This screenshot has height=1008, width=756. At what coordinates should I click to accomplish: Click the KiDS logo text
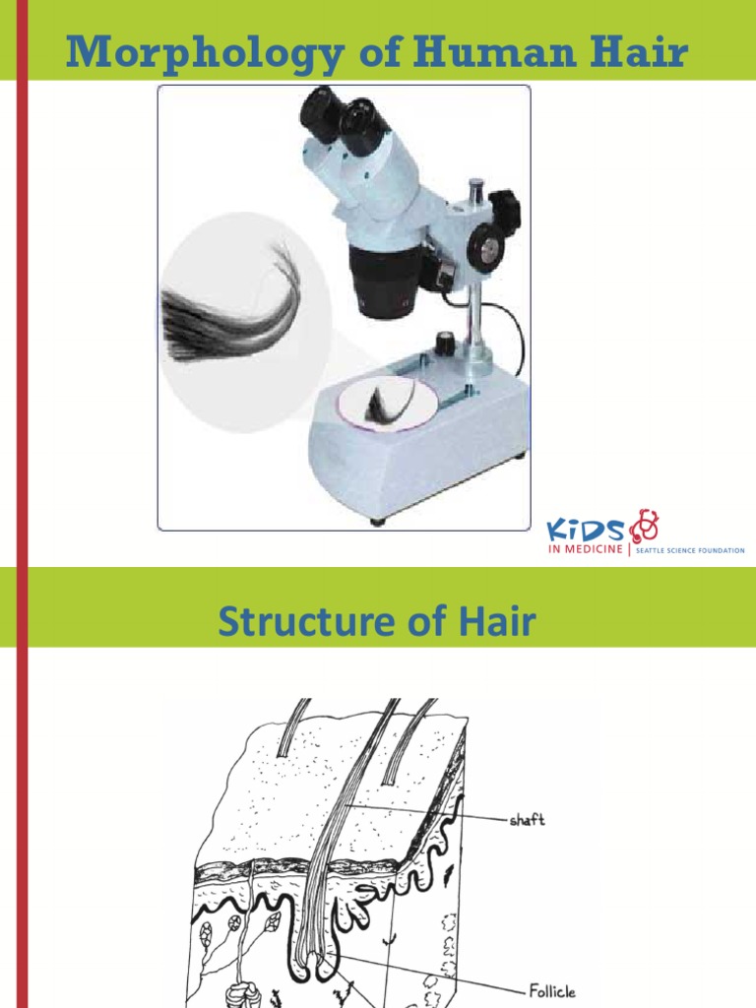(x=586, y=530)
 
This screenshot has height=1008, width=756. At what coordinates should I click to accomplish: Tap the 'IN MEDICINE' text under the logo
(x=585, y=549)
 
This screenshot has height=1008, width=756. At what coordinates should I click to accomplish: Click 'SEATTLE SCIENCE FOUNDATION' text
(x=689, y=550)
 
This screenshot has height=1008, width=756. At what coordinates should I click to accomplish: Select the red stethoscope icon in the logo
(x=645, y=524)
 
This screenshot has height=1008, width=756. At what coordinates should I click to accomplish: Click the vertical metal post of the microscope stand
(x=476, y=315)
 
